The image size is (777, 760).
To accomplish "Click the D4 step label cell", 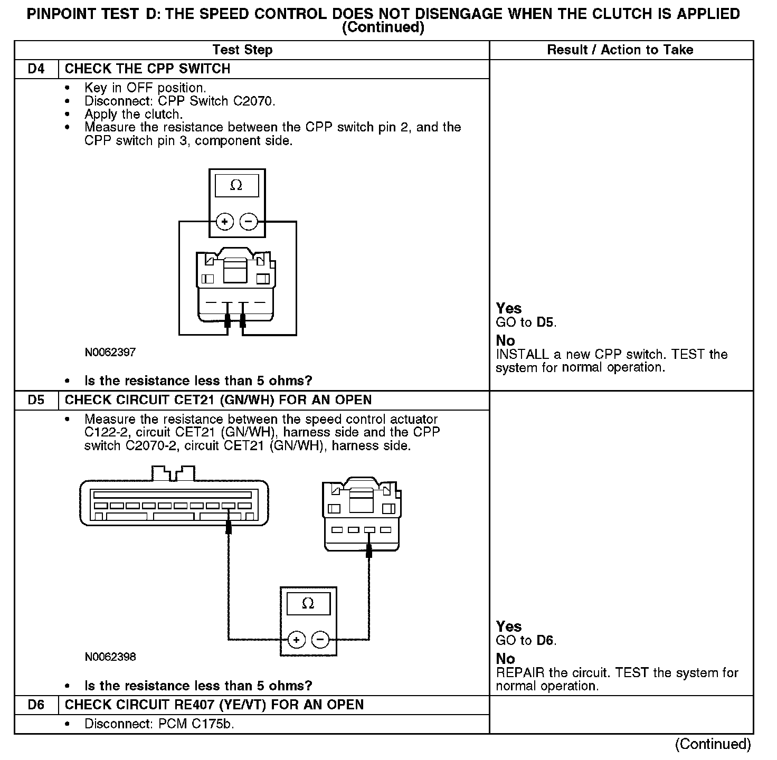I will click(36, 69).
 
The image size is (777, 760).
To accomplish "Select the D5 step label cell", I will click(36, 400).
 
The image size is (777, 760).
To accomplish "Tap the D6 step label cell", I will click(36, 705).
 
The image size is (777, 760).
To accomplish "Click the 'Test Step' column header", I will click(242, 50).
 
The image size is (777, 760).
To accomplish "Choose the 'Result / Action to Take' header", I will click(620, 50).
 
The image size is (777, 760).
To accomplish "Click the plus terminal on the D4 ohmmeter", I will click(225, 222).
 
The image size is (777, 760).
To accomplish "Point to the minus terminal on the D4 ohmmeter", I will click(249, 222).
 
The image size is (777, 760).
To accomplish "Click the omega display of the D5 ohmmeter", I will click(308, 603).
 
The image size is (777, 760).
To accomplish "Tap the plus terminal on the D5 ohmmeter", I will click(297, 640).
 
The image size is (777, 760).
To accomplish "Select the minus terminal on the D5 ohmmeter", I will click(320, 640).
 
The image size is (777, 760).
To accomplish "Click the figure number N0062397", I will click(110, 352).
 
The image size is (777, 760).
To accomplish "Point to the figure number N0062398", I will click(110, 657).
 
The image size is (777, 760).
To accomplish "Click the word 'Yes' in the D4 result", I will click(509, 309).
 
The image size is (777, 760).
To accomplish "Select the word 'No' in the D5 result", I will click(505, 659).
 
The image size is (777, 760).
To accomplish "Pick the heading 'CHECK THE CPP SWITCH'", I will click(147, 69).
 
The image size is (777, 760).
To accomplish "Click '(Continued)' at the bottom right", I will click(713, 744).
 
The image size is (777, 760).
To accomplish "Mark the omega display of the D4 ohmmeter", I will click(236, 186).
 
